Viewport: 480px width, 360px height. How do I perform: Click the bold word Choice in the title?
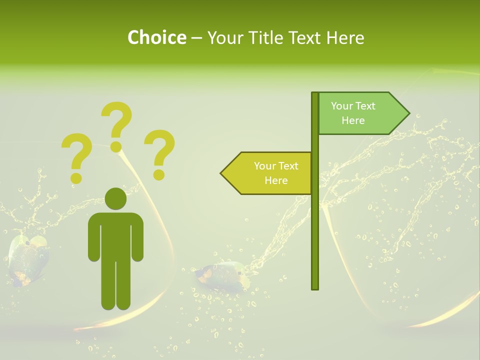click(x=156, y=37)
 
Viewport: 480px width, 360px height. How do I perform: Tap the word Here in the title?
click(x=345, y=37)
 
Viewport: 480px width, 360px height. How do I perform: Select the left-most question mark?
click(x=76, y=157)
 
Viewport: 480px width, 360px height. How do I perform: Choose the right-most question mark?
click(x=159, y=153)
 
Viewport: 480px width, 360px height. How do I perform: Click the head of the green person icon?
click(x=115, y=199)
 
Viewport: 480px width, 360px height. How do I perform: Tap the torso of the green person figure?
click(x=115, y=235)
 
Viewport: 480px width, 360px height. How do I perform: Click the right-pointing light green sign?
click(x=360, y=113)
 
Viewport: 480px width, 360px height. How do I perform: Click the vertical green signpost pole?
click(x=315, y=225)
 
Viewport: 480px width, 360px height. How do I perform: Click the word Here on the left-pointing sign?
click(x=276, y=180)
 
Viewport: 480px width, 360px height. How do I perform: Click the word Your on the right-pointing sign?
click(x=341, y=106)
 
